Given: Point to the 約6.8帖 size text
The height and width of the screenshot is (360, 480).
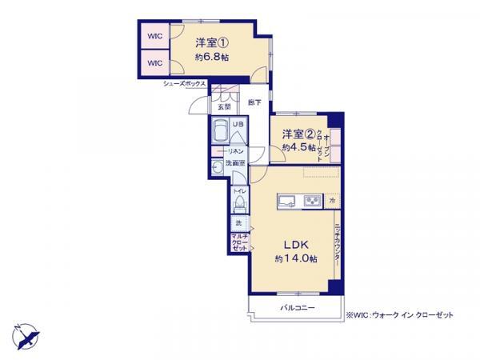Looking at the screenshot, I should (x=214, y=58).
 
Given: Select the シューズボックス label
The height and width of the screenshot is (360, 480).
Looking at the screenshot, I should (x=185, y=84).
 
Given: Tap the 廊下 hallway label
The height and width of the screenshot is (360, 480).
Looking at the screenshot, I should (x=254, y=102).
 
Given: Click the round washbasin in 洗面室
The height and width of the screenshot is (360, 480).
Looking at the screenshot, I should (x=217, y=167).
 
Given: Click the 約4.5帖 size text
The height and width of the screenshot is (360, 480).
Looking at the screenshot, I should (x=296, y=148).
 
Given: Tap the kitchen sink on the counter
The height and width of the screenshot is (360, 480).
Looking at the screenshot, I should (x=287, y=200).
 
